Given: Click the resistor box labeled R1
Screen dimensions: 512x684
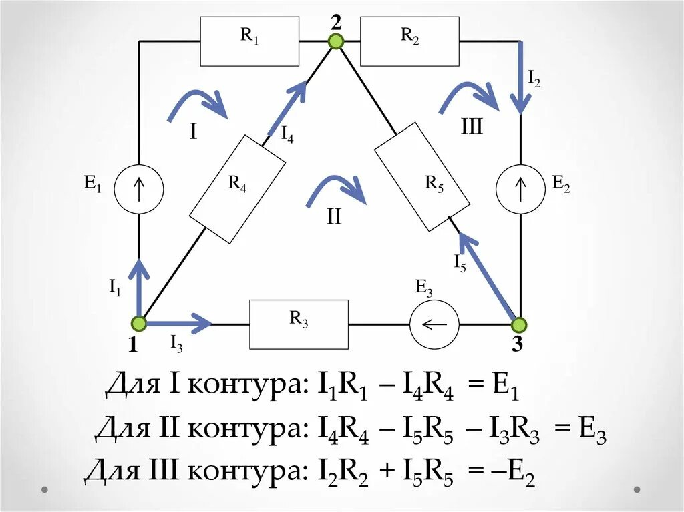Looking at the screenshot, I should pos(250,41).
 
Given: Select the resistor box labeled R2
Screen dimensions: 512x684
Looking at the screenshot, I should pos(409,41).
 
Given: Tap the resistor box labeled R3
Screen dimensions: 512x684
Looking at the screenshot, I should pos(299,324).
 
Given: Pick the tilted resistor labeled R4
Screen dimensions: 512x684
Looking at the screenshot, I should pos(238,189).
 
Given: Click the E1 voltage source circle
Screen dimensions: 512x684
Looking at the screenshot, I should pos(139,189).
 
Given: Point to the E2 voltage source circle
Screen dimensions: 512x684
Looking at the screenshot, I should pos(521,189).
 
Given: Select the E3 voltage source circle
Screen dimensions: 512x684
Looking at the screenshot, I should pos(434,324).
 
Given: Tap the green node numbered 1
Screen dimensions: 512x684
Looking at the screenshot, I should pos(139,324).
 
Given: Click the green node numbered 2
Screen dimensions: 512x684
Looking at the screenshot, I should pos(336,41).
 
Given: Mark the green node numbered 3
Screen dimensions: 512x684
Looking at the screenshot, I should pos(519,325).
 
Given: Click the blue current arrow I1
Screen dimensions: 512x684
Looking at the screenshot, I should pos(139,287).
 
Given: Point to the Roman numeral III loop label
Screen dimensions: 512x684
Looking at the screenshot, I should pos(471,127).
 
